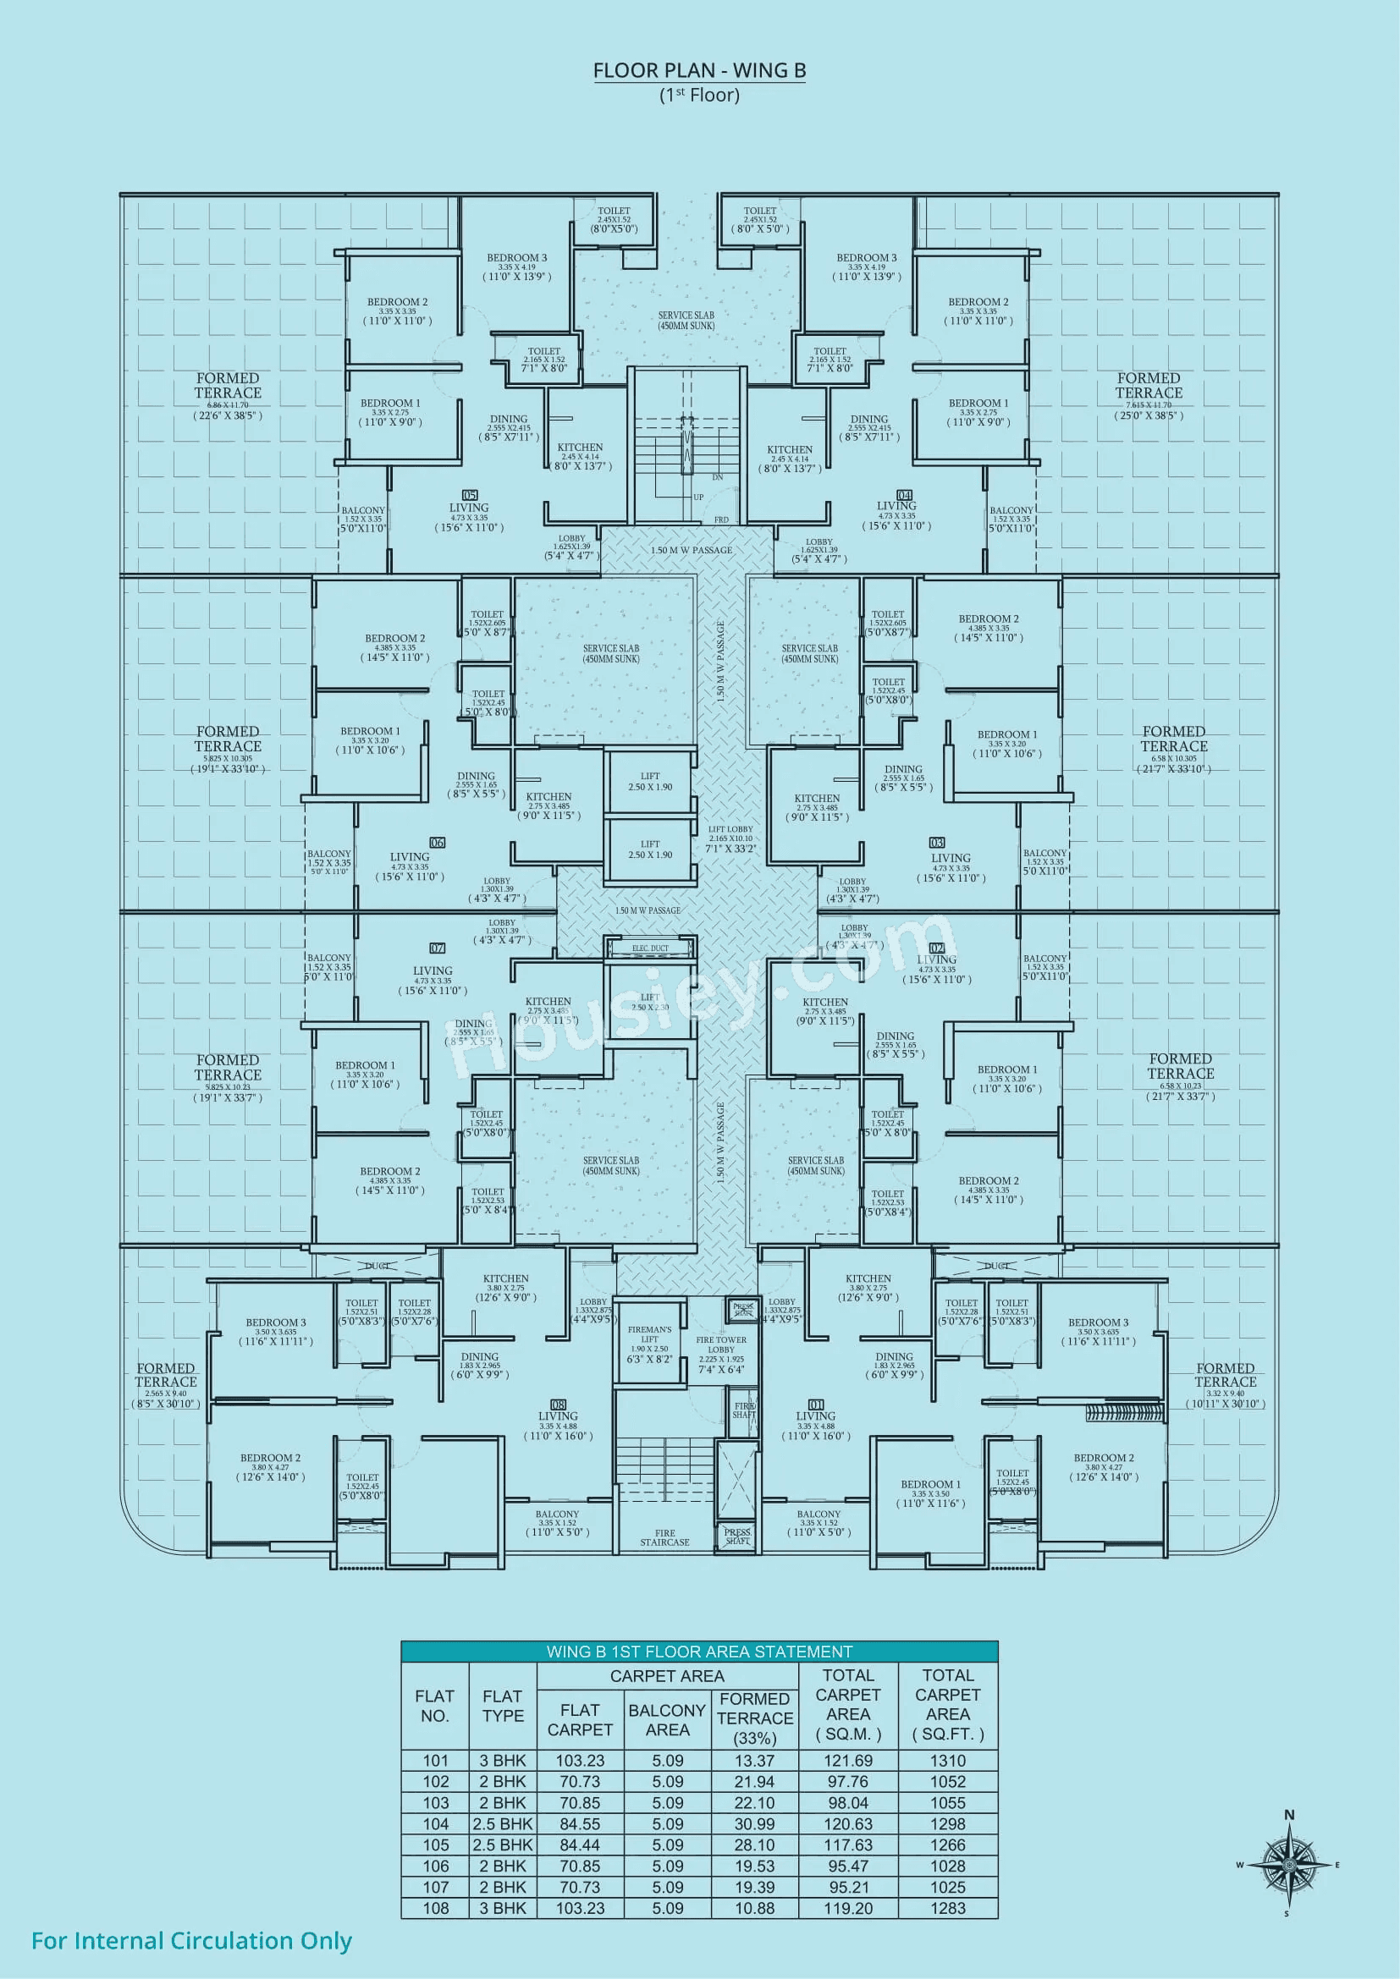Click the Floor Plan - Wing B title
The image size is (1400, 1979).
(x=699, y=71)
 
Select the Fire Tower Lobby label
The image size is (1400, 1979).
(x=721, y=1344)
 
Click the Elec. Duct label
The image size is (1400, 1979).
(x=650, y=948)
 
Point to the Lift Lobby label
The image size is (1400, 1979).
(x=730, y=829)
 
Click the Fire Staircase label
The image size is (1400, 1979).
(x=664, y=1537)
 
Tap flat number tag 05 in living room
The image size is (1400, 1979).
(x=470, y=495)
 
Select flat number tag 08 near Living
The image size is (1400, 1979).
(x=558, y=1405)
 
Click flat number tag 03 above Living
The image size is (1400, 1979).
(x=937, y=843)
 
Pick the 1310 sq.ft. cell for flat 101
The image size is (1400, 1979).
(x=947, y=1760)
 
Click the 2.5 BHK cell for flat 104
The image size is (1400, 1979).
(x=503, y=1824)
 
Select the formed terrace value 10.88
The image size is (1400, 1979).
(x=754, y=1908)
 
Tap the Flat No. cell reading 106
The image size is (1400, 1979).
(x=435, y=1866)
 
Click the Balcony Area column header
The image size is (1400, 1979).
(x=667, y=1719)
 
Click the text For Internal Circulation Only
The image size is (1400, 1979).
(x=191, y=1940)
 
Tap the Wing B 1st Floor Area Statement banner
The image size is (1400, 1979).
(x=699, y=1652)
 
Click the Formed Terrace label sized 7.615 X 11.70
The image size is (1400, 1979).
(x=1149, y=385)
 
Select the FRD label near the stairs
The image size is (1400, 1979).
(x=721, y=519)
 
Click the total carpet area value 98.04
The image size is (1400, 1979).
(x=848, y=1802)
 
